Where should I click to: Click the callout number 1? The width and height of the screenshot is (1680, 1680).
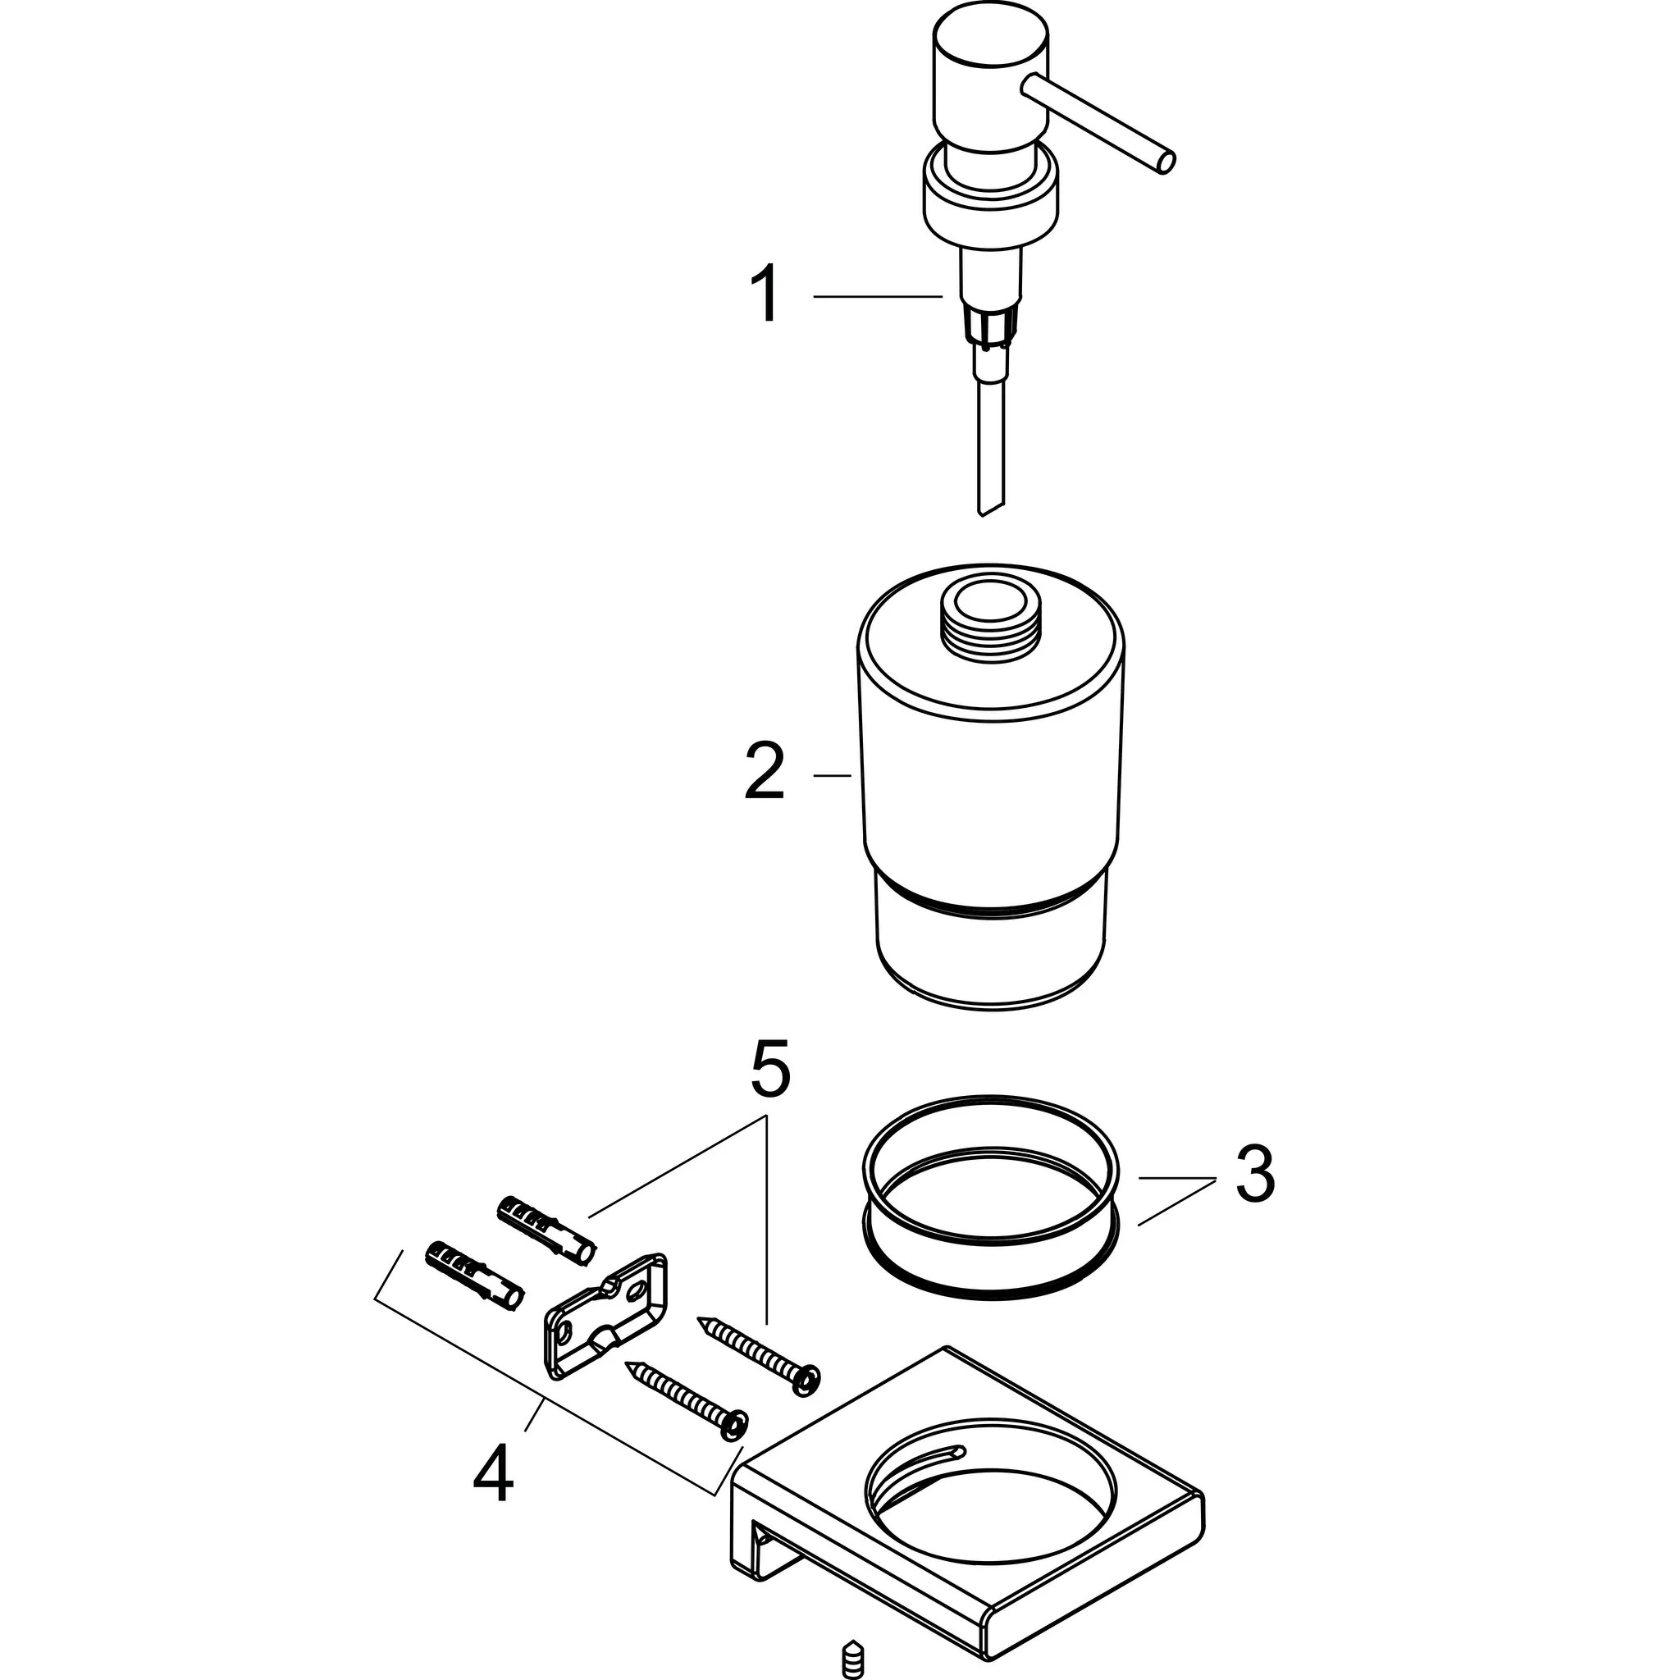click(765, 295)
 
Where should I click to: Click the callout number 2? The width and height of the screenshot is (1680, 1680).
click(765, 771)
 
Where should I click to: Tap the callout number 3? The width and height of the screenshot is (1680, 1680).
click(1254, 1176)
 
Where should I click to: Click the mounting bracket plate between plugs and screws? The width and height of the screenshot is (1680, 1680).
click(606, 1316)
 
